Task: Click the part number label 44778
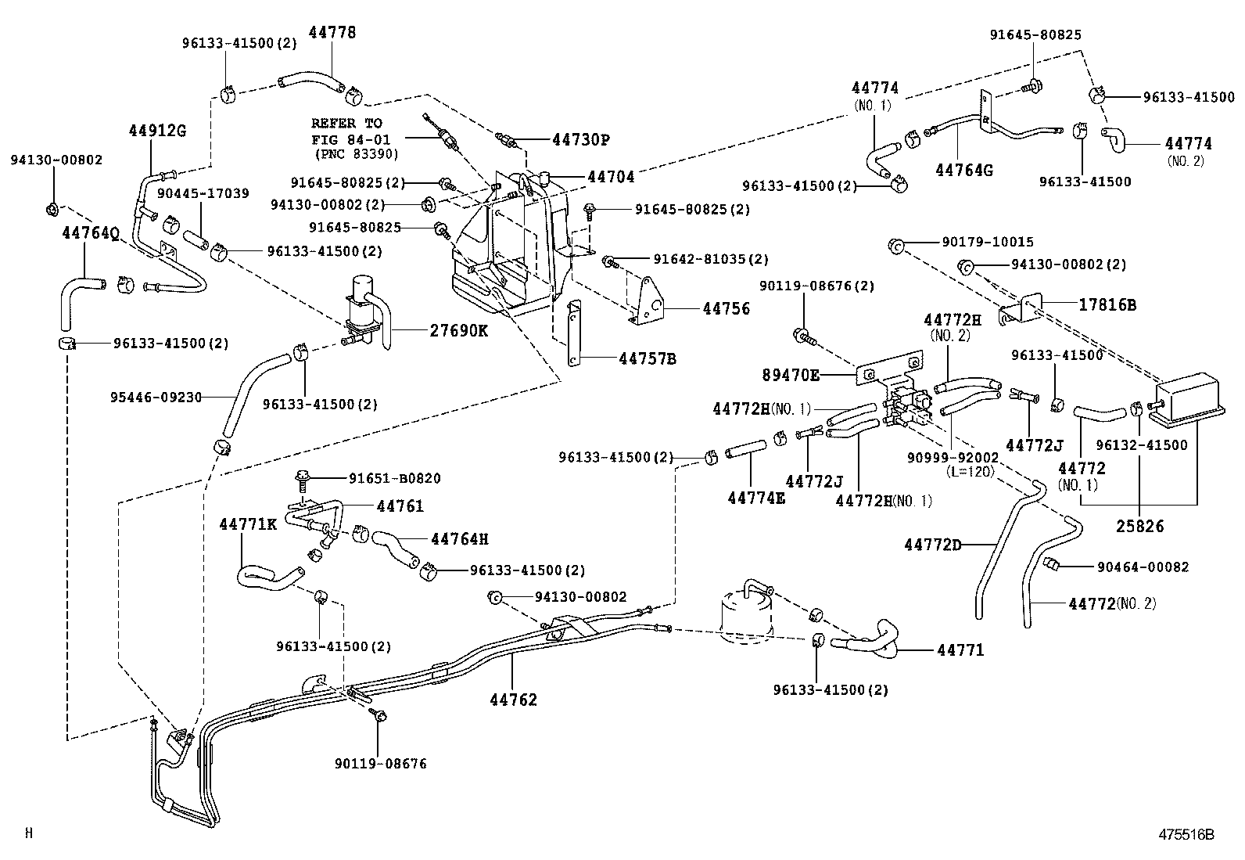332,32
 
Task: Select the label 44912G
157,131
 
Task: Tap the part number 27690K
458,330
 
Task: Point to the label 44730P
580,140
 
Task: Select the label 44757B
647,359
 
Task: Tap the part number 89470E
791,376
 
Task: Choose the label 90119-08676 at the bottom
380,763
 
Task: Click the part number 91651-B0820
394,478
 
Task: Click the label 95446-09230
156,397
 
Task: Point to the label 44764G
963,169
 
